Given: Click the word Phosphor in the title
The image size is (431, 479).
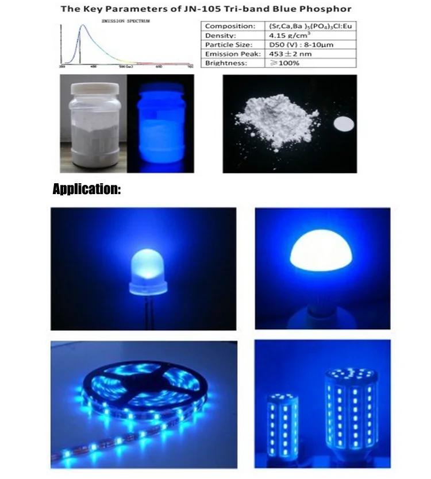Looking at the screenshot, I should pyautogui.click(x=326, y=9).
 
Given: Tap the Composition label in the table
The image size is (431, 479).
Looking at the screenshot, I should pyautogui.click(x=230, y=26).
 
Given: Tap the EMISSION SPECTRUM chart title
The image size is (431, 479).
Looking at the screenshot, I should pyautogui.click(x=125, y=21).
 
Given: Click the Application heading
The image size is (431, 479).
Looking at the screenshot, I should pyautogui.click(x=87, y=189).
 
